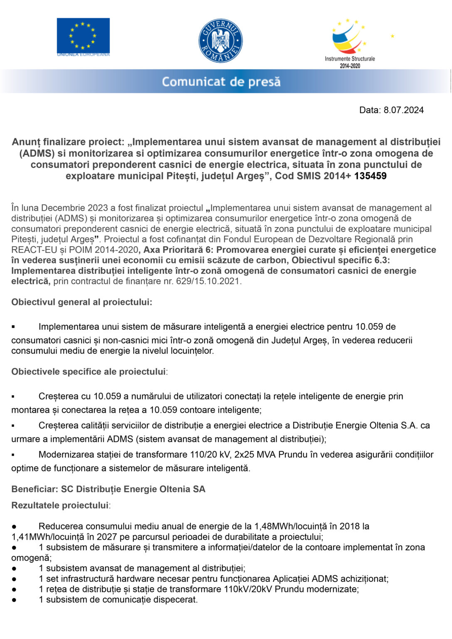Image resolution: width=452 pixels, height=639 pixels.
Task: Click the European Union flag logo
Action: (83, 36)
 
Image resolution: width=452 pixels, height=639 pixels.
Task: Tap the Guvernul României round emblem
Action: (220, 41)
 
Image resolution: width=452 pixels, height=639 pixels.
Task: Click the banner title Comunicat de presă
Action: (221, 82)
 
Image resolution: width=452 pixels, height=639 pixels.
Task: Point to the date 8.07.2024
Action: (403, 110)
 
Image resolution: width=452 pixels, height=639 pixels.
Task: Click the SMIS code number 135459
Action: (370, 176)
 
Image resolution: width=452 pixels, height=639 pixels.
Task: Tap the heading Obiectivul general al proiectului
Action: (82, 302)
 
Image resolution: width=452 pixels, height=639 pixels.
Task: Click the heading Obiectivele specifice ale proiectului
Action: (89, 372)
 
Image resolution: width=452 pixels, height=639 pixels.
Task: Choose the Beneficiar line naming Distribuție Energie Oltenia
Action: (108, 489)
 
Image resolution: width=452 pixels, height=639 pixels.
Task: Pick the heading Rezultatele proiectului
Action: (60, 505)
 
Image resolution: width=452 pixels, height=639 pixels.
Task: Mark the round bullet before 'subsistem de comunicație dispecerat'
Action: (14, 600)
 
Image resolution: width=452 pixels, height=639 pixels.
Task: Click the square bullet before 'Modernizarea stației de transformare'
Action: (13, 455)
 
